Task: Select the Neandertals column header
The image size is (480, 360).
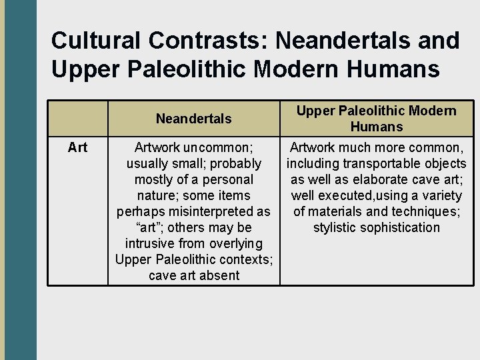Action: click(x=194, y=119)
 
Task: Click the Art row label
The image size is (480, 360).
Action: click(x=77, y=147)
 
